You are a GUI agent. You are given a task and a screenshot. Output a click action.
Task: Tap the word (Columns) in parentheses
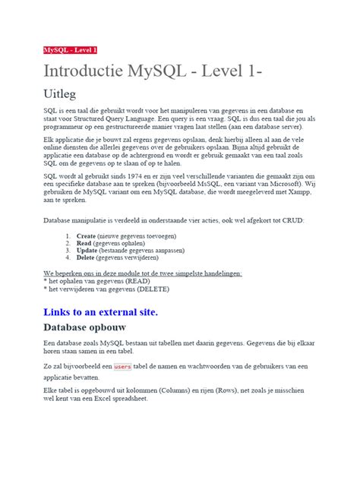pyautogui.click(x=194, y=390)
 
